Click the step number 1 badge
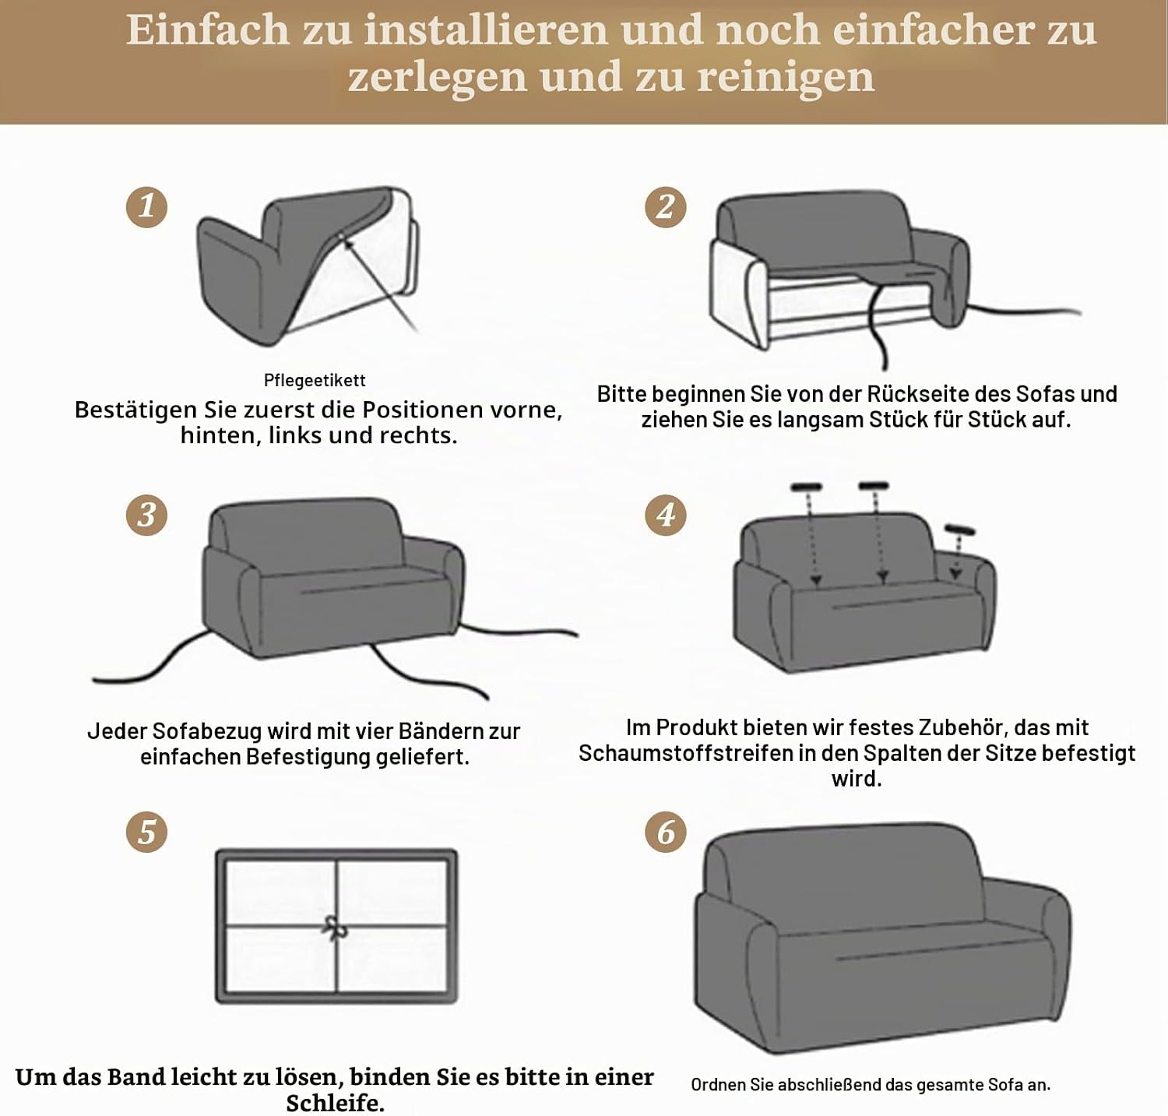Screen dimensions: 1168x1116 click(x=147, y=206)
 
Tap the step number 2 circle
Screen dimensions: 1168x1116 click(x=666, y=206)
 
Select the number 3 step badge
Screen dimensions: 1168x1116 click(x=147, y=515)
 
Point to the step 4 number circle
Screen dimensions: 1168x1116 click(x=666, y=515)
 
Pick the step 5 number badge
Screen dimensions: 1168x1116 click(x=147, y=832)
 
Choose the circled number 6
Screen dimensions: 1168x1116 click(x=666, y=832)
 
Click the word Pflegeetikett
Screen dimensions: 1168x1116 click(x=315, y=381)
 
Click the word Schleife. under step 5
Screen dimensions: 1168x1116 click(x=335, y=1103)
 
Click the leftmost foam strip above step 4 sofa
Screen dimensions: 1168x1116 click(x=807, y=488)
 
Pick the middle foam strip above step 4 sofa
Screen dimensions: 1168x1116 click(x=874, y=487)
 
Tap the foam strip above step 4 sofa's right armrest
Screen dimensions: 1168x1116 click(x=960, y=530)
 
